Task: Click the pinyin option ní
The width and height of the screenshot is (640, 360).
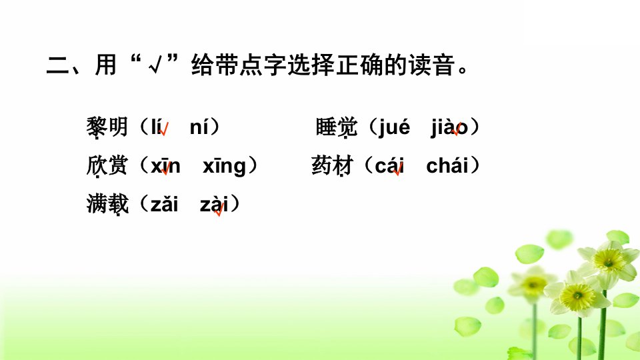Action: (x=200, y=127)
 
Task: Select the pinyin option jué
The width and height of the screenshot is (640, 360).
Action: (x=394, y=127)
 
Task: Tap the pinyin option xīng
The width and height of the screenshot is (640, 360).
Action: (x=224, y=167)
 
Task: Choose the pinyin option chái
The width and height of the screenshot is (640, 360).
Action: (x=447, y=165)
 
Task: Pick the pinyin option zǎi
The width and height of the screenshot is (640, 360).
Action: (x=165, y=204)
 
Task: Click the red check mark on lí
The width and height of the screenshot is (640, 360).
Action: (x=164, y=129)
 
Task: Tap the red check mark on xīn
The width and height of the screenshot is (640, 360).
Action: (x=166, y=168)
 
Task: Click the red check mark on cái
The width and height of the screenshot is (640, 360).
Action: (x=398, y=169)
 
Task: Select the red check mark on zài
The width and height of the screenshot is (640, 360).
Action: (x=219, y=209)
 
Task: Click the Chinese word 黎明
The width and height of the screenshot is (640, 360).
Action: (x=107, y=127)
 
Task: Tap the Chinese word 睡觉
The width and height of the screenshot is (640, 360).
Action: (x=336, y=127)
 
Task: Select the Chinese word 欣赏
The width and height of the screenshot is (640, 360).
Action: (x=107, y=166)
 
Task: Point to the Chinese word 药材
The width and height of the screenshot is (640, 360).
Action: (x=332, y=166)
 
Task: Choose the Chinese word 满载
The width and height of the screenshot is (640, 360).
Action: (x=107, y=204)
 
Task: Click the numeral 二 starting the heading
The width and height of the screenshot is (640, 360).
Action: (x=57, y=65)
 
